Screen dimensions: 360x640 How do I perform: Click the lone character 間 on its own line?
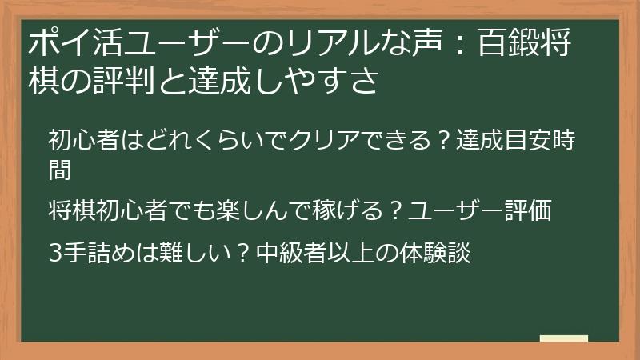click(x=60, y=169)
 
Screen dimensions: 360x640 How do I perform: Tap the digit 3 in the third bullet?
click(x=55, y=253)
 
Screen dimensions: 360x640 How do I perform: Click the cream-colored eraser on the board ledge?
click(x=564, y=338)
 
